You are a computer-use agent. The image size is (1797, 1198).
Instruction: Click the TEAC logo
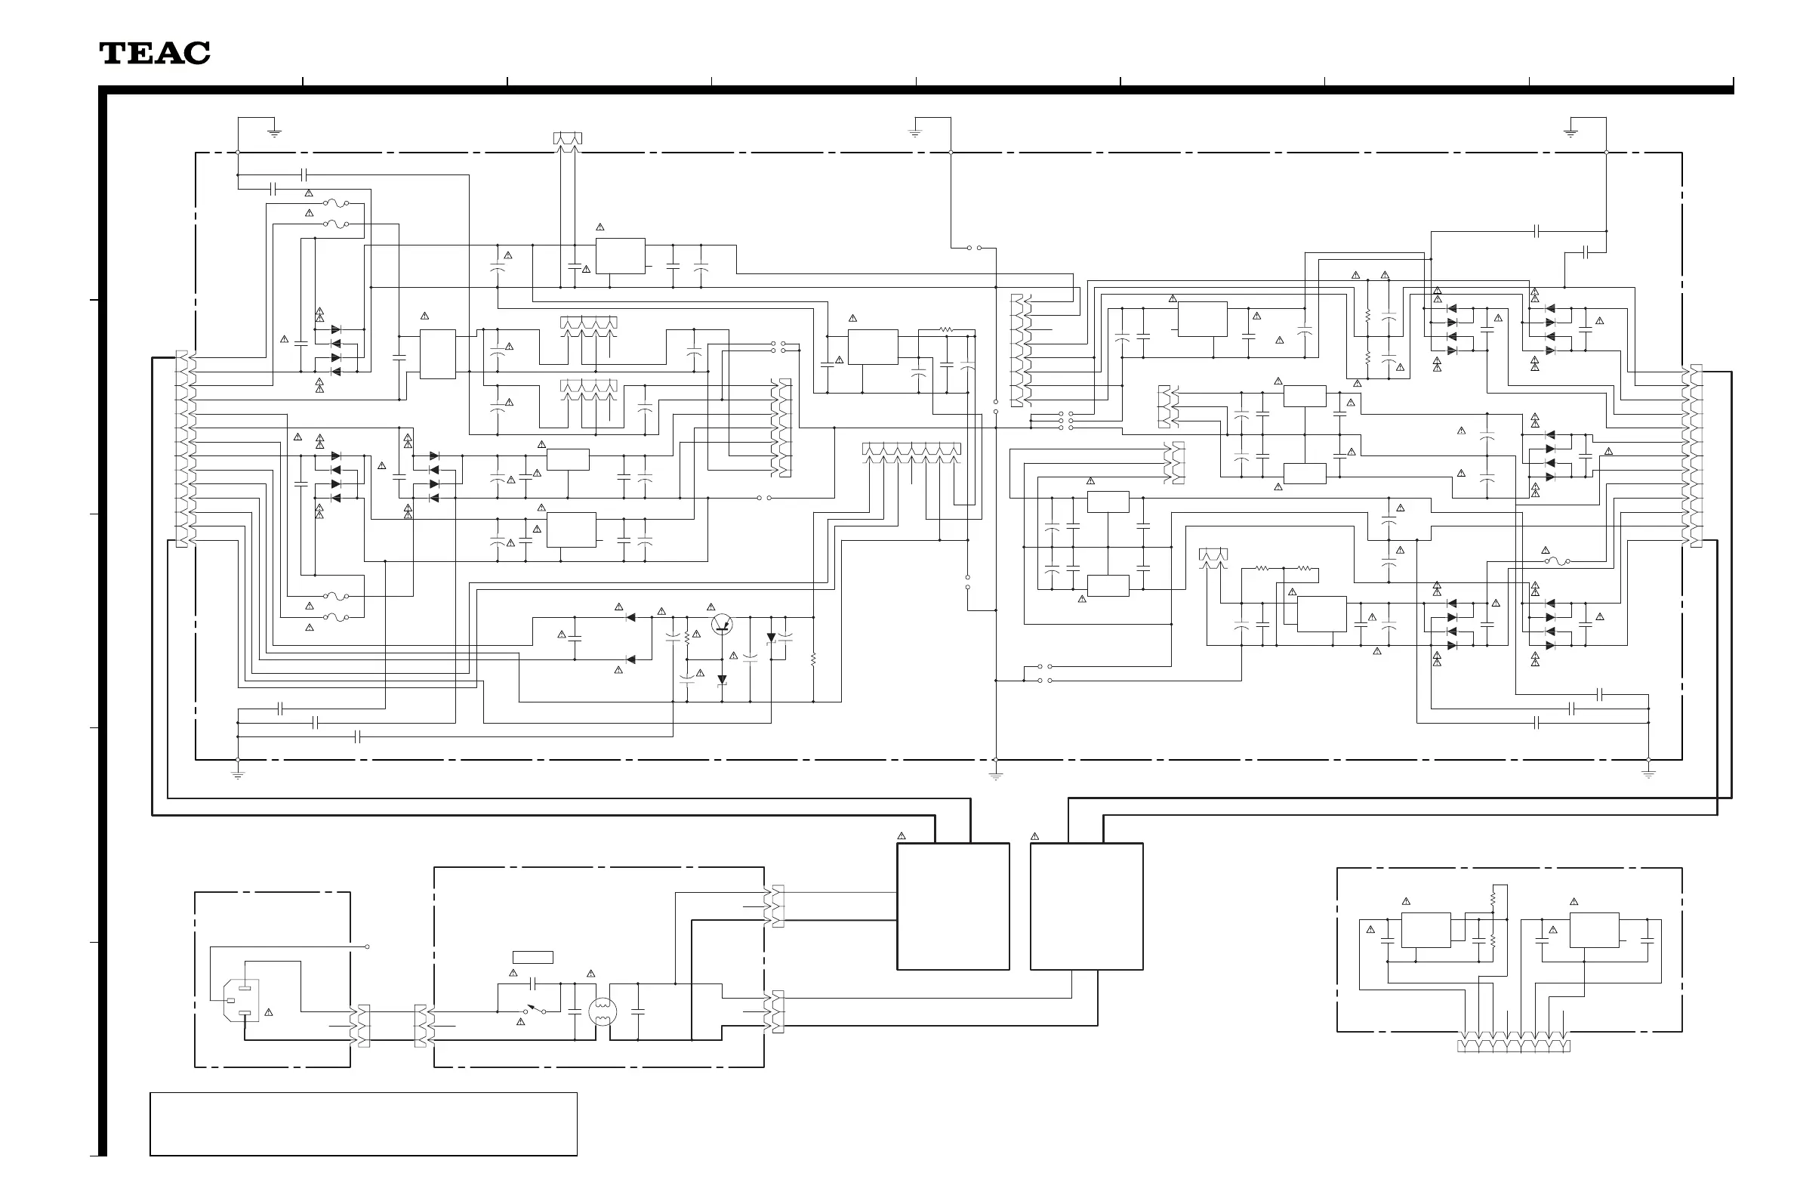click(155, 53)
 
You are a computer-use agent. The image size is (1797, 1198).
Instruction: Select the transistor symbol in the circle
click(722, 624)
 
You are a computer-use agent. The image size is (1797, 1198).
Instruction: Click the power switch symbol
click(534, 1009)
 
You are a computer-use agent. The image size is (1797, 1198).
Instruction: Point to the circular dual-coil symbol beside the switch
click(603, 1011)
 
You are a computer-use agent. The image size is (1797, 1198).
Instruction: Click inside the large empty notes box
click(362, 1124)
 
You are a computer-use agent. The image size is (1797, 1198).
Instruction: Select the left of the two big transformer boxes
click(952, 906)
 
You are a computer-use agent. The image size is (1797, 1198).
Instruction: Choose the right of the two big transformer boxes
click(1086, 906)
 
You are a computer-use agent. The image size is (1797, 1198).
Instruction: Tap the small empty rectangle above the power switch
click(532, 957)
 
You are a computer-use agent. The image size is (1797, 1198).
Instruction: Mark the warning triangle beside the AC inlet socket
click(269, 1013)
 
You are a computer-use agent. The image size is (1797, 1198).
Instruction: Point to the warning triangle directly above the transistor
click(711, 607)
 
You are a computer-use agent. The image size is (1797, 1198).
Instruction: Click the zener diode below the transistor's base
click(722, 680)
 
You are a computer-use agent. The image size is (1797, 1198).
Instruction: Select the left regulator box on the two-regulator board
click(1426, 930)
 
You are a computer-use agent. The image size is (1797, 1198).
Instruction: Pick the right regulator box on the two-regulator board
click(1594, 930)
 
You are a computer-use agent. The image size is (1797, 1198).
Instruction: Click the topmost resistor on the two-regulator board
click(1492, 901)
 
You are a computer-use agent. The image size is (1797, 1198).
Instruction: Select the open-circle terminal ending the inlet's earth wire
click(368, 946)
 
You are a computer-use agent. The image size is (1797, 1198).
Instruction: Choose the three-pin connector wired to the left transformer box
click(778, 906)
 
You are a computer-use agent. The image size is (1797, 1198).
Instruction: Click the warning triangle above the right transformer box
click(1035, 837)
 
